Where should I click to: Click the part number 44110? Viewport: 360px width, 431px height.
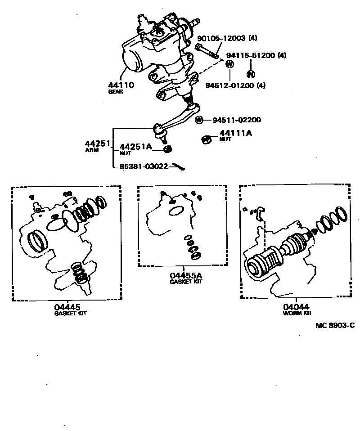pyautogui.click(x=121, y=85)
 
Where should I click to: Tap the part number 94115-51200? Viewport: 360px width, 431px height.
pyautogui.click(x=250, y=55)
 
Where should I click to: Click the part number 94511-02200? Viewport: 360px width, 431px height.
pyautogui.click(x=237, y=120)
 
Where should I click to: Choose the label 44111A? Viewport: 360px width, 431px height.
pyautogui.click(x=236, y=133)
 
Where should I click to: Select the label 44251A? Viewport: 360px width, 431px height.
pyautogui.click(x=136, y=147)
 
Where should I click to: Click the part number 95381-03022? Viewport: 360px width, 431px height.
pyautogui.click(x=144, y=166)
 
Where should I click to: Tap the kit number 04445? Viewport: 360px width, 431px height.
pyautogui.click(x=67, y=307)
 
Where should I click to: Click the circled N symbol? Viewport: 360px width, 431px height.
pyautogui.click(x=251, y=74)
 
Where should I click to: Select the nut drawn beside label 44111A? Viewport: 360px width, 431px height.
pyautogui.click(x=206, y=139)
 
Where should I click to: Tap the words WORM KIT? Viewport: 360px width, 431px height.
pyautogui.click(x=297, y=313)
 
